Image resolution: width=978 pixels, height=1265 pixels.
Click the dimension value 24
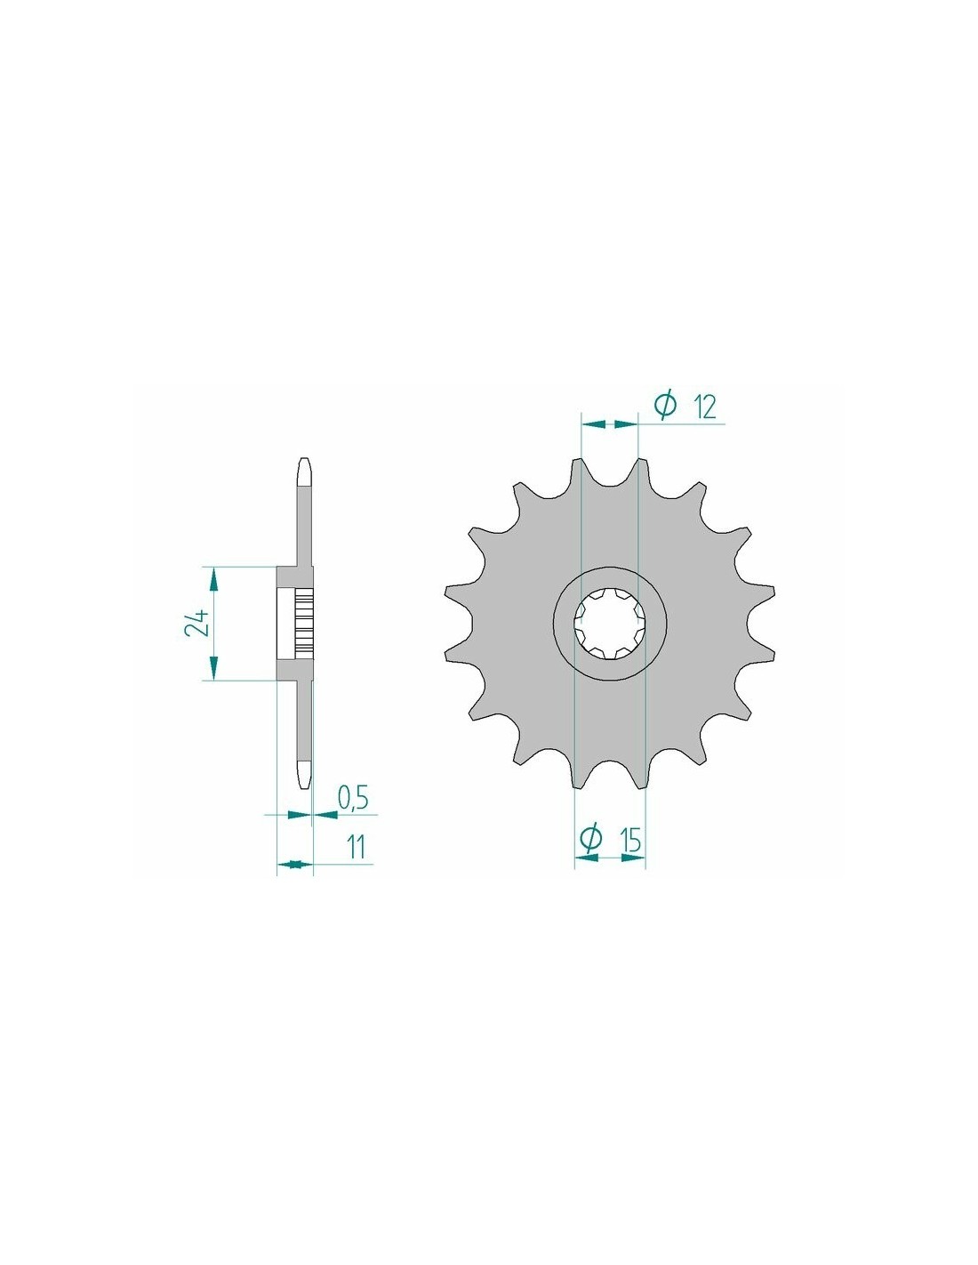coord(196,624)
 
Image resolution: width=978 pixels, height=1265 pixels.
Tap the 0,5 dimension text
coord(353,799)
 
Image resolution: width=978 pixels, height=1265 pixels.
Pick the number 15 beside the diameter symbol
coord(631,840)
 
